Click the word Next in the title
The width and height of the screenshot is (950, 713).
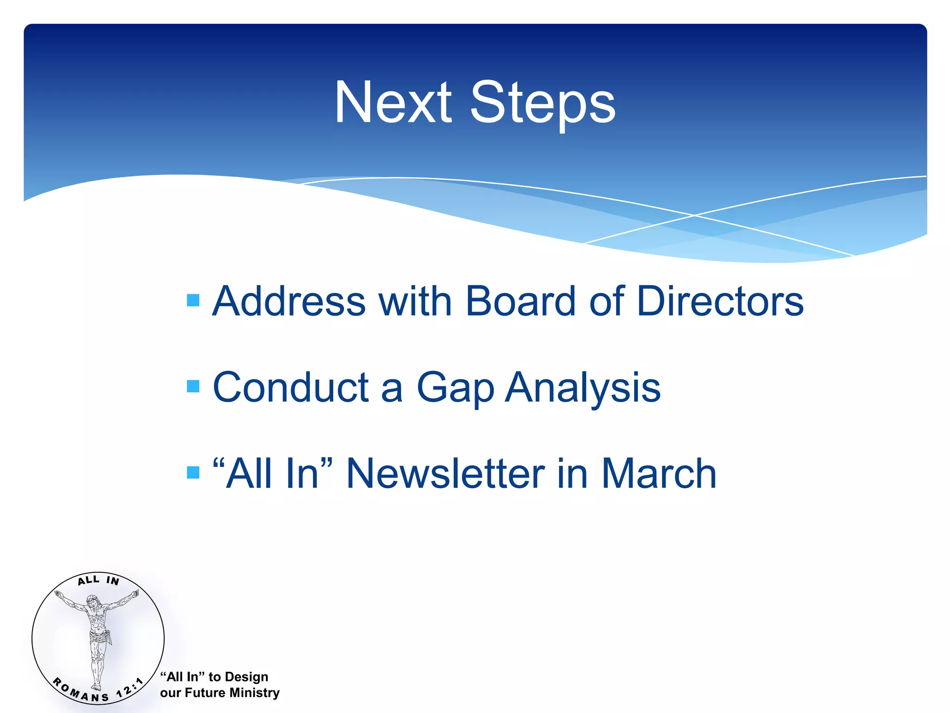(x=392, y=103)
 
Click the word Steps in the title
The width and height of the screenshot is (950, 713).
(x=543, y=103)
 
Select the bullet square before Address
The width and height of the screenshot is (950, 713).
(x=193, y=300)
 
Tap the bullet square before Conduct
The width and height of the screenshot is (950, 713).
(x=193, y=386)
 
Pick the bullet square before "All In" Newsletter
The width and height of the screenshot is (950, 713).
(x=193, y=473)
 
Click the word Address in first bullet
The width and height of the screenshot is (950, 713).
(x=289, y=302)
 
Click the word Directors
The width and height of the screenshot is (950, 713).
(x=720, y=302)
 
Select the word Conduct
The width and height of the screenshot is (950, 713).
(x=290, y=388)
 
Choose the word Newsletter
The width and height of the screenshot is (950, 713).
(x=445, y=473)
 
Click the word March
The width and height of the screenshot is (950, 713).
(x=659, y=473)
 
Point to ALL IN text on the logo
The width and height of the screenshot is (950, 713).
(x=98, y=580)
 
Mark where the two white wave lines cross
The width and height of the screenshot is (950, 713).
(x=694, y=215)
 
